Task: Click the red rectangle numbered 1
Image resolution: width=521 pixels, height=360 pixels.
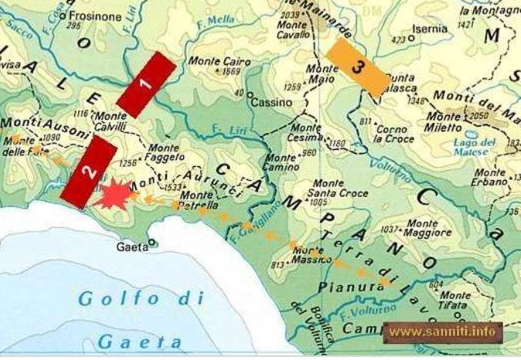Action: coord(147,85)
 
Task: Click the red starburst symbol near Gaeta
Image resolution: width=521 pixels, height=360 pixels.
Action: coord(113,196)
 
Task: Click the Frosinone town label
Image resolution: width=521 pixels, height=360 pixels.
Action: coord(94,15)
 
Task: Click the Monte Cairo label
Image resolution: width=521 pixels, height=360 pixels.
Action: coord(214,61)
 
